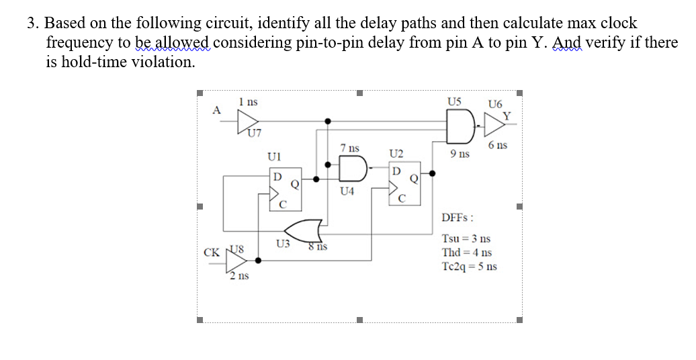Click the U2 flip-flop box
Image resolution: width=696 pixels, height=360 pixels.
pyautogui.click(x=404, y=182)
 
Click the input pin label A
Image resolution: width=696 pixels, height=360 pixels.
pyautogui.click(x=216, y=110)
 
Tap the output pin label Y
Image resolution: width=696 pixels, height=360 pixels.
pyautogui.click(x=507, y=115)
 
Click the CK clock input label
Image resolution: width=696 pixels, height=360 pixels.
pyautogui.click(x=210, y=253)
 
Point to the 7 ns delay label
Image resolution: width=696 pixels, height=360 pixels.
pyautogui.click(x=349, y=147)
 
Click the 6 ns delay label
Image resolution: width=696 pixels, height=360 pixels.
pyautogui.click(x=498, y=145)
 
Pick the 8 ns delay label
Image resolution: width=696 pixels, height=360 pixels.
pyautogui.click(x=317, y=246)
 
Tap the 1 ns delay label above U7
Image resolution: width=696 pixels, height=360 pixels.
pyautogui.click(x=248, y=101)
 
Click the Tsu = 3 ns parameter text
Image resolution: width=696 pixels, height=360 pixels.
pyautogui.click(x=466, y=239)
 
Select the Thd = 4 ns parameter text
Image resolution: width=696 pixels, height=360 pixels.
pyautogui.click(x=466, y=253)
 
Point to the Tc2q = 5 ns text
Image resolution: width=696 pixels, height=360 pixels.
pyautogui.click(x=469, y=266)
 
